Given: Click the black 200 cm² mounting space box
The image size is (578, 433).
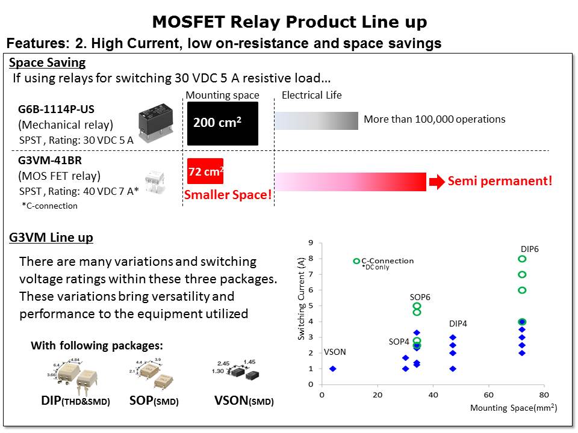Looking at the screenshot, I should [222, 123].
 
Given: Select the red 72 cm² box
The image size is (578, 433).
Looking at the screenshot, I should [205, 171].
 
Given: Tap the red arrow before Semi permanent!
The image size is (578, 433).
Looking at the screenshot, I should [435, 181].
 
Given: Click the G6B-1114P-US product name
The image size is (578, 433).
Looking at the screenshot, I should [57, 109].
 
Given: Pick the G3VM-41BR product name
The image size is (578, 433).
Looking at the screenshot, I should [51, 161].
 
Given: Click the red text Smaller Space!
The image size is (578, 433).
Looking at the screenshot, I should [228, 195].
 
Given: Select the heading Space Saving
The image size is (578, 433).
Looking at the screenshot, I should [48, 63].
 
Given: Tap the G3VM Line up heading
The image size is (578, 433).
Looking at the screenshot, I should [51, 238].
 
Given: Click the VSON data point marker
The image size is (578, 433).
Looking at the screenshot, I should [332, 369].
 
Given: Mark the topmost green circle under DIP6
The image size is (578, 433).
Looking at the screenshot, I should [522, 259].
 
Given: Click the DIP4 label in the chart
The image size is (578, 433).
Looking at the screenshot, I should [458, 324].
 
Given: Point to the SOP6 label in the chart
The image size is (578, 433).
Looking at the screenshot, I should [420, 297].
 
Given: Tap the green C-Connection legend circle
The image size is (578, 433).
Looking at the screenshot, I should [356, 261].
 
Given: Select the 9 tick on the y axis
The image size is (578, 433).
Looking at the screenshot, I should [311, 243].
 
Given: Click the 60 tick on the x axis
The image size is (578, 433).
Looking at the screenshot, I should [488, 395].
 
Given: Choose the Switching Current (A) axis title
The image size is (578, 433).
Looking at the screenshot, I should [301, 298].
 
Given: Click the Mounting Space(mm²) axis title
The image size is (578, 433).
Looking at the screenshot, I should [513, 408].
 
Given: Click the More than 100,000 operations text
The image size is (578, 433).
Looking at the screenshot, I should [434, 119].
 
